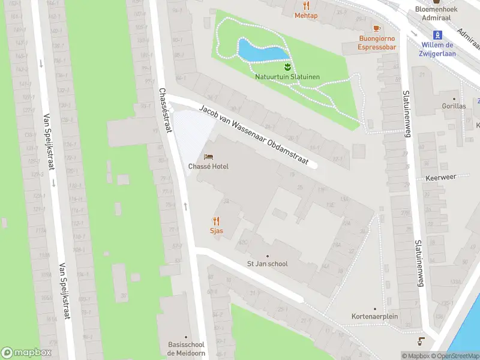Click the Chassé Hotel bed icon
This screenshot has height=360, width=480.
point(208,157)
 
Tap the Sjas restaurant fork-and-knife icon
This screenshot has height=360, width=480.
point(216,221)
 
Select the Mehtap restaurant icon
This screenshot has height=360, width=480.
point(306,6)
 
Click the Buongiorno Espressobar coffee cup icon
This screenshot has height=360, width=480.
point(377,28)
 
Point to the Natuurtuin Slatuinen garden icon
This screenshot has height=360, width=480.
point(287,66)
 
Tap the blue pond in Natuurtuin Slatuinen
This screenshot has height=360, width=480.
point(262,50)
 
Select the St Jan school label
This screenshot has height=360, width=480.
point(268,263)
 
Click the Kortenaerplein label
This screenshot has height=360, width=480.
point(374,316)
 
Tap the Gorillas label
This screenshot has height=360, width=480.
point(453,106)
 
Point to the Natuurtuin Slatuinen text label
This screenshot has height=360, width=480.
point(287,77)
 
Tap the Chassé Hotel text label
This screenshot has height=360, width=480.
point(208,166)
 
